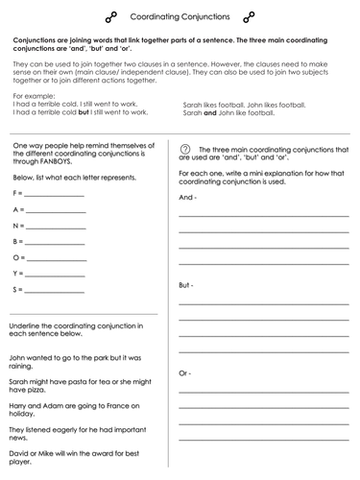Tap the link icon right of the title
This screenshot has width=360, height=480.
tap(249, 16)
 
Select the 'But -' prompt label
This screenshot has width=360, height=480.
tap(187, 285)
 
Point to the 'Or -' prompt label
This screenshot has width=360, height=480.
tap(186, 372)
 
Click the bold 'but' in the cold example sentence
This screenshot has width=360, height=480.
tap(84, 112)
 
